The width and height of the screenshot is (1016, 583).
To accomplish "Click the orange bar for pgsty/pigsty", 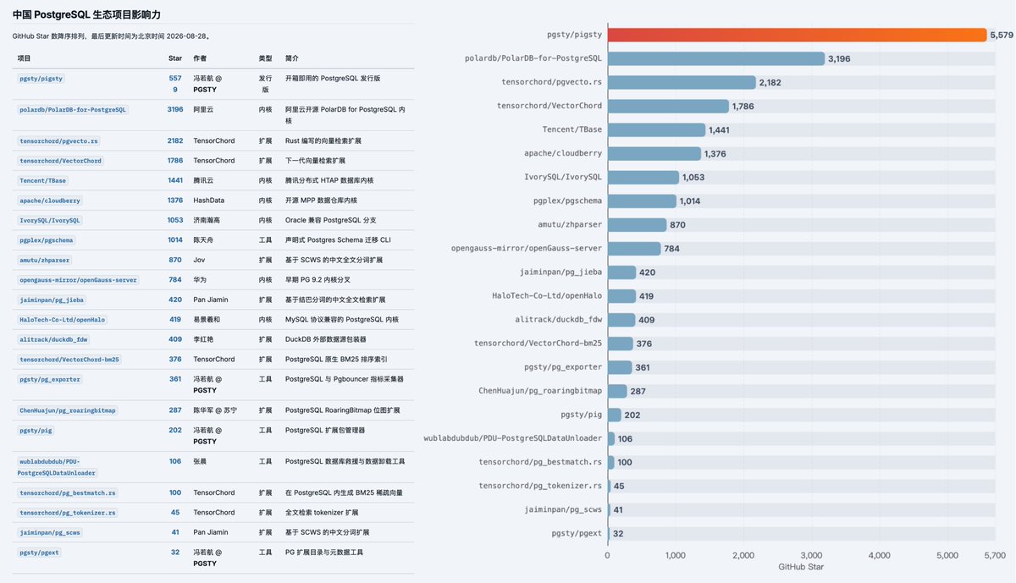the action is tap(797, 35).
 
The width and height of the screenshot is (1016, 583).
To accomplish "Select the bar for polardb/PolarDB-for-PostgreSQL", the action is tap(716, 58).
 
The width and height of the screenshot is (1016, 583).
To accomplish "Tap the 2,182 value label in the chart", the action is tap(770, 83).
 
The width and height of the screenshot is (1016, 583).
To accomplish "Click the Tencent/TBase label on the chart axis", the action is tap(572, 129).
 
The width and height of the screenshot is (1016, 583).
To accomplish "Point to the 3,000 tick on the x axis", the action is tap(811, 555).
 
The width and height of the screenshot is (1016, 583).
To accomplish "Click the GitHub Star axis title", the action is tap(801, 567).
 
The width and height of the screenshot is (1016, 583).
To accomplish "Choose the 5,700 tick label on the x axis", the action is tap(995, 555).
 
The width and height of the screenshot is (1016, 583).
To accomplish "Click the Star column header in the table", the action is tap(175, 58).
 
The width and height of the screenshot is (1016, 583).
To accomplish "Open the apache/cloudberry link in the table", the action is tap(50, 201).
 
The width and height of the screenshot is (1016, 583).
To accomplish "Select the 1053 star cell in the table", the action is tap(175, 220).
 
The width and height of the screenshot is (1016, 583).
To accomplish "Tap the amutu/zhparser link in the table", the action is tap(44, 261).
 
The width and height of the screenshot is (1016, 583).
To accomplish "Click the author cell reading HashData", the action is tap(208, 200).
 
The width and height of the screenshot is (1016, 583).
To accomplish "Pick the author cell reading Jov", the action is tap(199, 260).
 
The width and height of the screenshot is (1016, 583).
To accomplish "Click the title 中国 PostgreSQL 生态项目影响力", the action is tap(86, 14).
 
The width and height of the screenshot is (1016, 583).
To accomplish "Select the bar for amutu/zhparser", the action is tap(638, 225).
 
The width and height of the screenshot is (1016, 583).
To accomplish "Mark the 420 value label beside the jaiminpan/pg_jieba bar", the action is tap(647, 272).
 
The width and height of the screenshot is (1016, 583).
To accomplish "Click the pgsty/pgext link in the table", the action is tap(39, 553).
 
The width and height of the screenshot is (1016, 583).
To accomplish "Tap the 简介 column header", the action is tap(291, 58).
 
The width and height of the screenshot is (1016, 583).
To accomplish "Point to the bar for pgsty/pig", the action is tap(615, 415).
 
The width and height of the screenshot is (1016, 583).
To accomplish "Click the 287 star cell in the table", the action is tap(175, 410).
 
